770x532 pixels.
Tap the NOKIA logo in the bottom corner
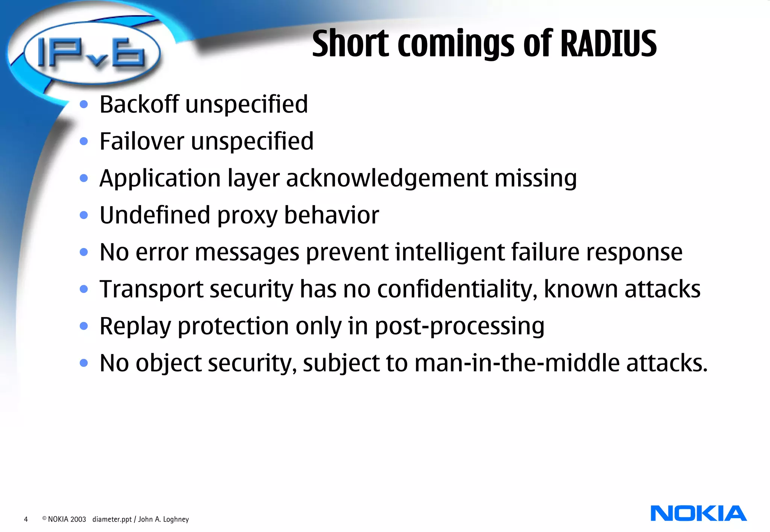point(698,513)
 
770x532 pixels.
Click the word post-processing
point(459,326)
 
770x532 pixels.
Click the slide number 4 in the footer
point(26,519)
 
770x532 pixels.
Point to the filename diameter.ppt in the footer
point(112,519)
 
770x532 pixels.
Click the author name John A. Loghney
point(164,519)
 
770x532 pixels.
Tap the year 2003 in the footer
point(78,519)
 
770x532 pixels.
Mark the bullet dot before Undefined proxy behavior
point(84,215)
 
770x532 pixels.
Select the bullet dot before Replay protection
point(84,326)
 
